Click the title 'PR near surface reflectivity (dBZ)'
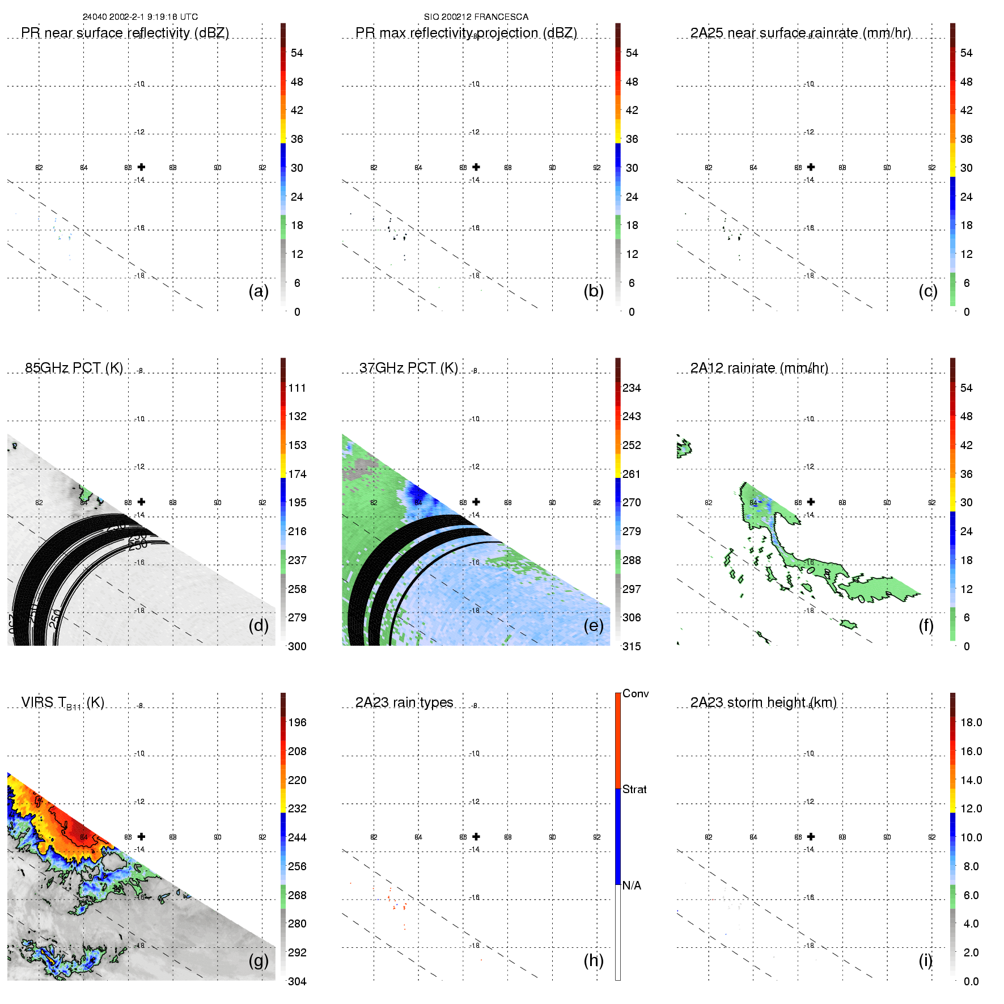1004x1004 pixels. pos(125,33)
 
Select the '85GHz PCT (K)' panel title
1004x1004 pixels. pos(74,368)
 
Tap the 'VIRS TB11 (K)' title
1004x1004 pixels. pos(62,703)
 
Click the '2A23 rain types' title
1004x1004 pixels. pos(404,702)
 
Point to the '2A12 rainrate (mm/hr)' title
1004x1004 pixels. pos(759,368)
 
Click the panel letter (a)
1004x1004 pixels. pos(259,291)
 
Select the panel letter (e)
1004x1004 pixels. pos(593,625)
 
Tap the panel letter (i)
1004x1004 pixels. pos(925,960)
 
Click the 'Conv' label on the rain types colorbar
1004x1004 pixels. pos(635,693)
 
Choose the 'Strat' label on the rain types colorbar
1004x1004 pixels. pos(634,789)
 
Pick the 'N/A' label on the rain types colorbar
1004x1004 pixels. pos(632,886)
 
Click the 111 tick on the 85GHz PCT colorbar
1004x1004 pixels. pos(296,388)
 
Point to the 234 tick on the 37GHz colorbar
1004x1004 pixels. pos(632,388)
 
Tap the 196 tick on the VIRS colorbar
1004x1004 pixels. pos(297,722)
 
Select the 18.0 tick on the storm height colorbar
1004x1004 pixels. pos(971,722)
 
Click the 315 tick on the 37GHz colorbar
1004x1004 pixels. pos(632,646)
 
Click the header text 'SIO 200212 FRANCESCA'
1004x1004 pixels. pos(476,17)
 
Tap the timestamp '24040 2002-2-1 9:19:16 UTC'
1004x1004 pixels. pos(140,17)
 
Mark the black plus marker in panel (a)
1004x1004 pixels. pos(141,167)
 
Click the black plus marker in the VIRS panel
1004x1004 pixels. pos(141,836)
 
